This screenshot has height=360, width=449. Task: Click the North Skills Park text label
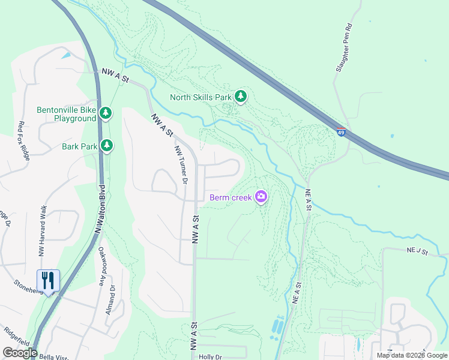200,97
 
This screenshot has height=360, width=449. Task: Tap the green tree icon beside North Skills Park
241,96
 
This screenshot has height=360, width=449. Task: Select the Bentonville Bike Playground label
66,114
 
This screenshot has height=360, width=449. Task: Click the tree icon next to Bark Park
107,145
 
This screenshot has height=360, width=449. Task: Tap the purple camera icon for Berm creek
261,196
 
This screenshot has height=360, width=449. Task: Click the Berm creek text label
231,197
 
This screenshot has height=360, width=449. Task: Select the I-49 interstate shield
341,132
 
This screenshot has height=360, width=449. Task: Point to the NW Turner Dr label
181,164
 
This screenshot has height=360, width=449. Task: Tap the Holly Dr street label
210,356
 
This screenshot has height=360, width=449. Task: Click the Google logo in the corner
20,353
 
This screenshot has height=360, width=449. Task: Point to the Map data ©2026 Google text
412,355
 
